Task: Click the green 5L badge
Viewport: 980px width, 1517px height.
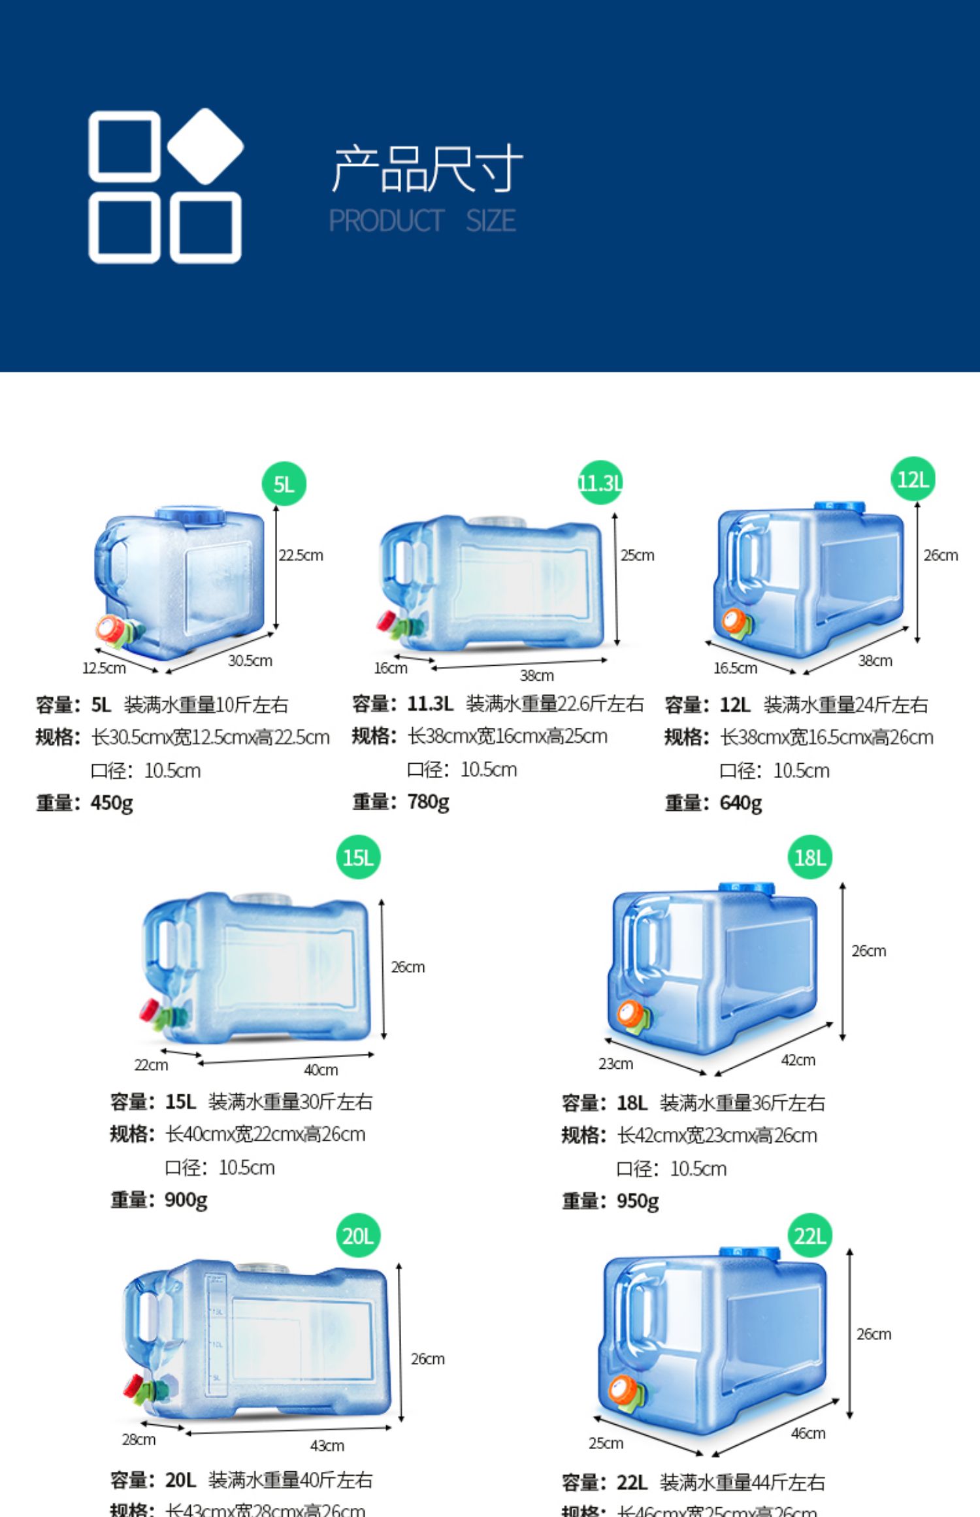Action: (284, 484)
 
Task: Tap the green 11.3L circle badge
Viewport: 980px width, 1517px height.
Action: (600, 483)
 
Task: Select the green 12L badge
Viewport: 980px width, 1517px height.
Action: (913, 479)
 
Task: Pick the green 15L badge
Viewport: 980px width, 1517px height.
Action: (358, 857)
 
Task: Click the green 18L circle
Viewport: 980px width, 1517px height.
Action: (810, 857)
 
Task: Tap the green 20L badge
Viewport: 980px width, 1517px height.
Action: (358, 1235)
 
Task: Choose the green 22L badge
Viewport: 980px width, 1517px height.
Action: (810, 1235)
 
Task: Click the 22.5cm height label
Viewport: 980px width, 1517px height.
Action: (301, 555)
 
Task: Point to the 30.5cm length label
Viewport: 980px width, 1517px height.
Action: (250, 661)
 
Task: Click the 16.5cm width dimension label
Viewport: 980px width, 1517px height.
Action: (735, 668)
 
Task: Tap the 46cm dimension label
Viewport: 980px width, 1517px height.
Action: (808, 1433)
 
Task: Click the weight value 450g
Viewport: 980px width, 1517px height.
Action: (112, 802)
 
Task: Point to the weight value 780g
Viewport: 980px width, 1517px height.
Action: (428, 801)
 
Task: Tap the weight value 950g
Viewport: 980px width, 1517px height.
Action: (638, 1201)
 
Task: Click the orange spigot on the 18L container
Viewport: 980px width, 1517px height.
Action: (631, 1015)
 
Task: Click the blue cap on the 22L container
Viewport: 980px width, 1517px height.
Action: (750, 1252)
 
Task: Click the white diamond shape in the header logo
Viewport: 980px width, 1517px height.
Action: (205, 146)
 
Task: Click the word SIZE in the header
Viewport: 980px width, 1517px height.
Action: (491, 221)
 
